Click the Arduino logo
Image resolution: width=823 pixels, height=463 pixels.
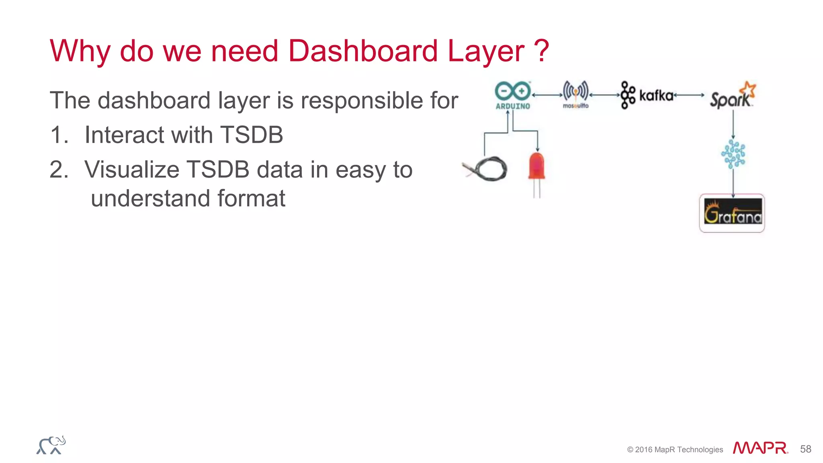[513, 95]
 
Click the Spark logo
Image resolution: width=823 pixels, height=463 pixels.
[732, 96]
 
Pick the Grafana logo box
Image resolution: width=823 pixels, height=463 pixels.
[732, 213]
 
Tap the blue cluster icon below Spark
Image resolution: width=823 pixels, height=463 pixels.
[733, 154]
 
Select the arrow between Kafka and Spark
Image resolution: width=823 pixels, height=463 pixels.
[689, 95]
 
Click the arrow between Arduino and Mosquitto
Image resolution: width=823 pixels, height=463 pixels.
[547, 95]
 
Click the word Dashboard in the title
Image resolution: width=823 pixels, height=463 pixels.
[362, 51]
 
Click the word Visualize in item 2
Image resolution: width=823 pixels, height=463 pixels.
[132, 170]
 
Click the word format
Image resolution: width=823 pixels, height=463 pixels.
[251, 198]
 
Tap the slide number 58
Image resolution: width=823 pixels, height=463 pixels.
[805, 449]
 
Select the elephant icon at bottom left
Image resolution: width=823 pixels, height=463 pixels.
[51, 445]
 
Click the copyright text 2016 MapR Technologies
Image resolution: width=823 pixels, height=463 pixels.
[675, 450]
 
